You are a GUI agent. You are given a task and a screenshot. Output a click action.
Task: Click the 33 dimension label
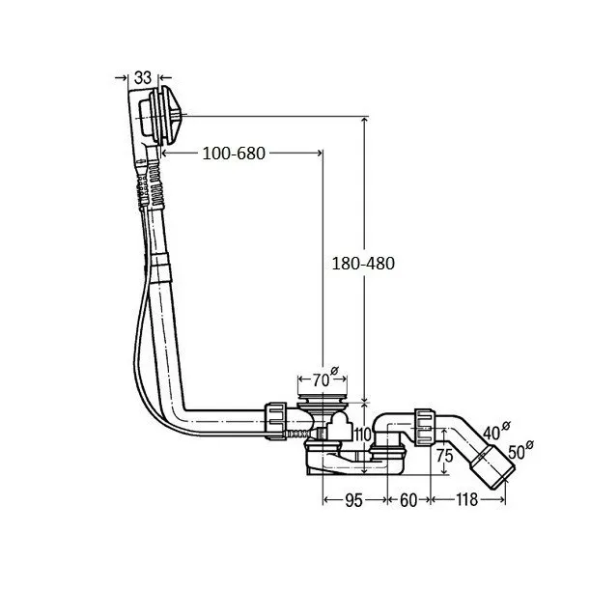[142, 76]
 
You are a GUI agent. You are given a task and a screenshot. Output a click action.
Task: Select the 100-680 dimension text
[234, 153]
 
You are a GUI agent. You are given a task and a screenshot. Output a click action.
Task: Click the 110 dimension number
[362, 436]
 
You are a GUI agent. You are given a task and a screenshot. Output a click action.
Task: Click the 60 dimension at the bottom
[407, 499]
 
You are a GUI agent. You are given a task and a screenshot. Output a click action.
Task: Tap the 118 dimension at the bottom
[466, 499]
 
